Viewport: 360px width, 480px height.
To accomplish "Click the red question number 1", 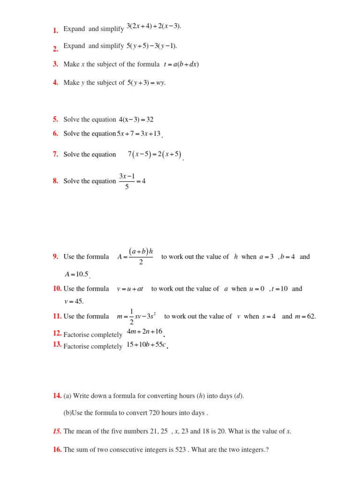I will pyautogui.click(x=55, y=31).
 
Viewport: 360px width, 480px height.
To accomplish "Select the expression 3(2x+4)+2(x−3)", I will pyautogui.click(x=153, y=26).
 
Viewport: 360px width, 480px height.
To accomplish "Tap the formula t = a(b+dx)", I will pyautogui.click(x=181, y=65).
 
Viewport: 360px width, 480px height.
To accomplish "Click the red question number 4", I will pyautogui.click(x=55, y=83).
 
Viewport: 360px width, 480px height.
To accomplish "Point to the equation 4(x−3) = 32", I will pyautogui.click(x=136, y=120).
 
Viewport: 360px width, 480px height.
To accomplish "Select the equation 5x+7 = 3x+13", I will pyautogui.click(x=139, y=134).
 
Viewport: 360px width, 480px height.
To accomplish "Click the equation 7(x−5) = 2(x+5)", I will pyautogui.click(x=154, y=155).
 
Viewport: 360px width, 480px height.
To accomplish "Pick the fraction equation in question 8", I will pyautogui.click(x=132, y=181).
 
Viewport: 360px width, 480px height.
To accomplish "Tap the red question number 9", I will pyautogui.click(x=55, y=257).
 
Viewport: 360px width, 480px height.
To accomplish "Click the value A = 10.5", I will pyautogui.click(x=76, y=275).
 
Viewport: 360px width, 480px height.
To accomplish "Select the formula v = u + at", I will pyautogui.click(x=130, y=289).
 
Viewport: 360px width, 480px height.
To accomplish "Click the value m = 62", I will pyautogui.click(x=305, y=317).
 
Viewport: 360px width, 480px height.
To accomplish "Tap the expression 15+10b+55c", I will pyautogui.click(x=146, y=345).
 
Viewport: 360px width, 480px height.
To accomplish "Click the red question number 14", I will pyautogui.click(x=57, y=396).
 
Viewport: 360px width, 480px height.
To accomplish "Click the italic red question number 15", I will pyautogui.click(x=57, y=432).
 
